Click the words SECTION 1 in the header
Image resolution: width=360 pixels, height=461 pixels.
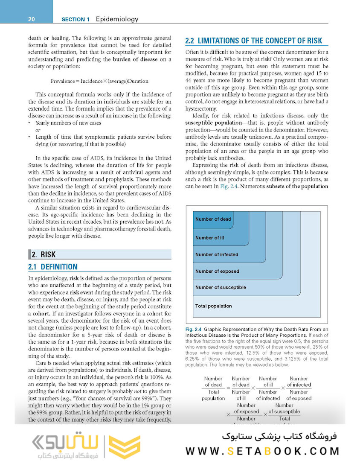pos(75,19)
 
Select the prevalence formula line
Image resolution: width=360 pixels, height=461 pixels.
pos(99,81)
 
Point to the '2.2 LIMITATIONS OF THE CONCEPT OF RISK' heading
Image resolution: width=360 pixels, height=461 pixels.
pos(254,41)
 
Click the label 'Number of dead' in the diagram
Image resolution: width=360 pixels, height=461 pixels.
pos(213,219)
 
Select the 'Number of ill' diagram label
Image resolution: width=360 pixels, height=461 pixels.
pos(209,238)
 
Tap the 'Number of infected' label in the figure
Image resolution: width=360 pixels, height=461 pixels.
pos(217,255)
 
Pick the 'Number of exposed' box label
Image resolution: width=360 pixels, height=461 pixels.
pos(217,271)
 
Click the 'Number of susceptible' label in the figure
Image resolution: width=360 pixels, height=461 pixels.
pos(221,288)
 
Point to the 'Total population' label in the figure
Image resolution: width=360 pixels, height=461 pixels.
pos(213,306)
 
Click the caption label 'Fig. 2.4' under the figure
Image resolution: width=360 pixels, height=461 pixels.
pos(194,330)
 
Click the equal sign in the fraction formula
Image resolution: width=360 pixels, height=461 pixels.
pos(227,388)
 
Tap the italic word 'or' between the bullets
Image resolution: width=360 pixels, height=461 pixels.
pos(38,130)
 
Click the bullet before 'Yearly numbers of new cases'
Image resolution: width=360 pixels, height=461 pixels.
pos(29,123)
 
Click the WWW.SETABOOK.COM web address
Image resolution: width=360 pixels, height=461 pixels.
pos(263,450)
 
